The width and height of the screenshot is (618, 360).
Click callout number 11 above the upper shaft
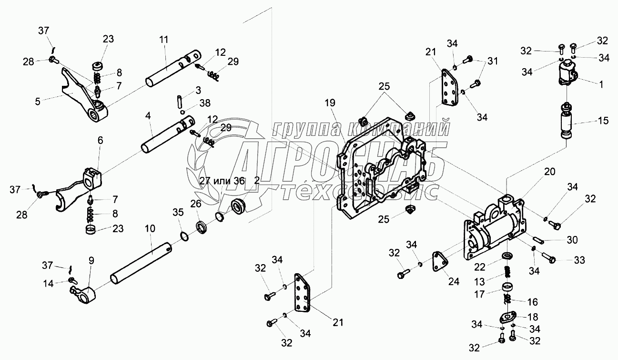(163, 40)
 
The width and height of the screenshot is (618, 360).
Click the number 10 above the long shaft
(150, 229)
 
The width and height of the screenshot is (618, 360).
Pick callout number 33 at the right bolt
(579, 260)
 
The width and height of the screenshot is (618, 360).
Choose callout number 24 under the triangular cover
(453, 281)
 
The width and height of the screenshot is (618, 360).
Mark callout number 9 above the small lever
(91, 260)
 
